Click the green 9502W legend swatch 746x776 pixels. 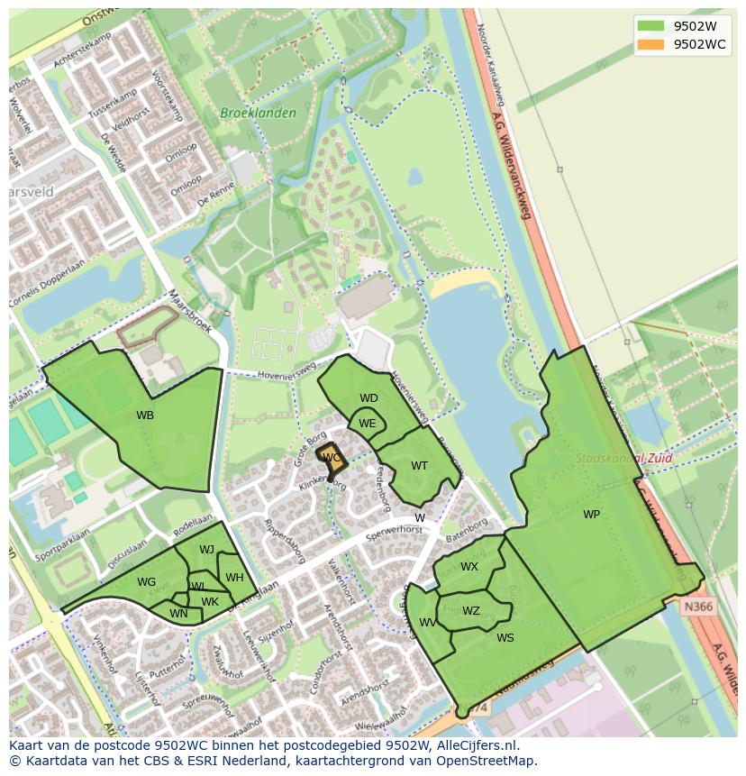(650, 25)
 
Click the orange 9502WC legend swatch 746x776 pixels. (650, 44)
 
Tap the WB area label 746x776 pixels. (145, 415)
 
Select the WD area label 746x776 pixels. (368, 398)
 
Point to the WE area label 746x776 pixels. (367, 424)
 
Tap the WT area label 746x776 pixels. (419, 466)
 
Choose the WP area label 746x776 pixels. (591, 515)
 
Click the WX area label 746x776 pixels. (469, 567)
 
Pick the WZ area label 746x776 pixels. (470, 611)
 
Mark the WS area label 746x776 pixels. (505, 638)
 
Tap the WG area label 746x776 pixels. (146, 582)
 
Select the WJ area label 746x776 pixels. (206, 550)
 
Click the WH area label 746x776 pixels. (234, 578)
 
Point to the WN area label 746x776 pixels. (178, 615)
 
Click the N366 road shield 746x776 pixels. (697, 607)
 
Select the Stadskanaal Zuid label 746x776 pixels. (611, 458)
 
